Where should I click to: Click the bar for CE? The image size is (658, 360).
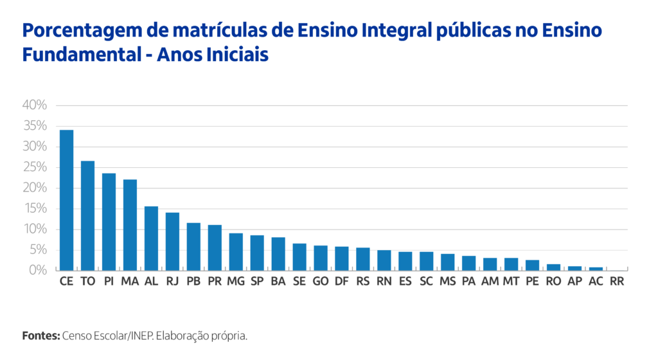66,200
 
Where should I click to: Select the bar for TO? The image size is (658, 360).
87,215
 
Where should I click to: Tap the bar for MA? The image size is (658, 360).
130,225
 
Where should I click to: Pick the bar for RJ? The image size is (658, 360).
172,241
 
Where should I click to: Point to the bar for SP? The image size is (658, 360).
257,253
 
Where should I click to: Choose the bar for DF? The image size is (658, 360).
342,258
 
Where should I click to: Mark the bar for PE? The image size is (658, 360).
532,265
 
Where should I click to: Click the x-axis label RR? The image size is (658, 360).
617,282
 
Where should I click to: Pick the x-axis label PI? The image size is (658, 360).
109,282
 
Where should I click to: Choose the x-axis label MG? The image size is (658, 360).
236,282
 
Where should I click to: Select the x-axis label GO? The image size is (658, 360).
321,282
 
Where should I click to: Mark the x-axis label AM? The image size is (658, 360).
490,282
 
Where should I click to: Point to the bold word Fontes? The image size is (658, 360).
40,336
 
